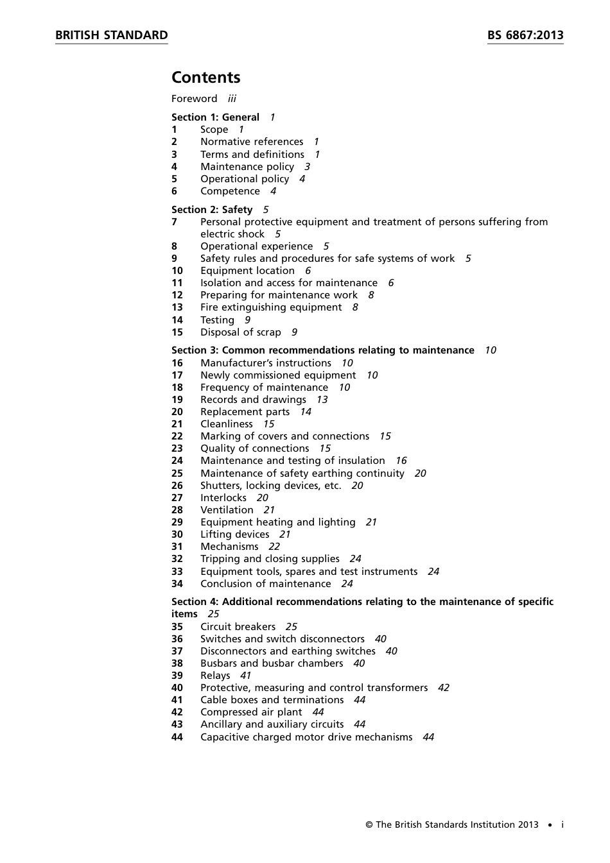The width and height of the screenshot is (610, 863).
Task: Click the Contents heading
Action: (205, 78)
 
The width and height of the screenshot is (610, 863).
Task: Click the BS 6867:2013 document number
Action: (525, 35)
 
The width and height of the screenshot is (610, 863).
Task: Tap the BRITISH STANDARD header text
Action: (111, 35)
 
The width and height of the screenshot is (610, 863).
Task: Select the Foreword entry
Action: (195, 99)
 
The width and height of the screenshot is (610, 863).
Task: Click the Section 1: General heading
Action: (215, 117)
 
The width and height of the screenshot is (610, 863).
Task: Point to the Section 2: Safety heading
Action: (212, 210)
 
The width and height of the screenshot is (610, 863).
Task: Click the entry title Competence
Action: (230, 191)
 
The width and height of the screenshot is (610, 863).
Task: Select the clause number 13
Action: (177, 307)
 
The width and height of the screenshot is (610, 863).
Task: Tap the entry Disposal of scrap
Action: (241, 332)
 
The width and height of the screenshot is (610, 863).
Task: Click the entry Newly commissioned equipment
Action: (278, 375)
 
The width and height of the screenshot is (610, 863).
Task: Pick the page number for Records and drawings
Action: (322, 400)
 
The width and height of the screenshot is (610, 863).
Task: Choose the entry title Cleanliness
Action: (227, 424)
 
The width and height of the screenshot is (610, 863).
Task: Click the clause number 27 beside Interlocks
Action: (177, 498)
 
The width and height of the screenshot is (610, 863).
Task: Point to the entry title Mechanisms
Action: (229, 547)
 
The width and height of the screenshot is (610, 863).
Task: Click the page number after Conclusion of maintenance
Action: (347, 584)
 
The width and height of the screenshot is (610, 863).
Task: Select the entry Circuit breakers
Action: (238, 627)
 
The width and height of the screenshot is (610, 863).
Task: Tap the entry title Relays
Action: (215, 676)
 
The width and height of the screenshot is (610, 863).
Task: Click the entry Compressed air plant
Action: (251, 712)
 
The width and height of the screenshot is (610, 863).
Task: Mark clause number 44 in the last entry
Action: (177, 737)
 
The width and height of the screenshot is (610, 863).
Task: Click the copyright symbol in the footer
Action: (369, 825)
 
